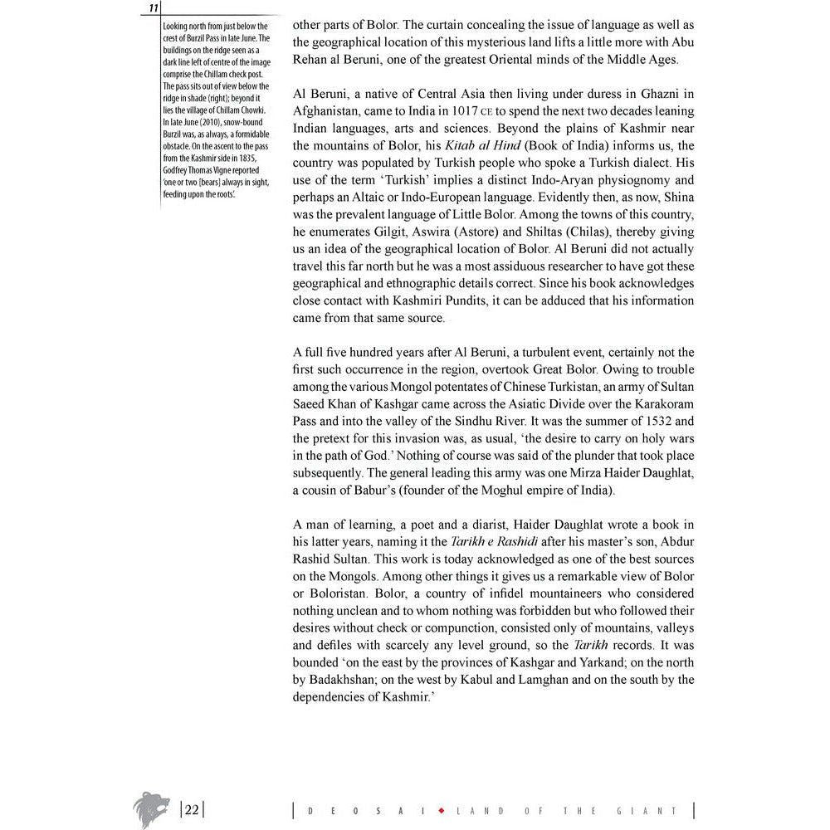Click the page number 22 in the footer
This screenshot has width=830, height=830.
tap(192, 810)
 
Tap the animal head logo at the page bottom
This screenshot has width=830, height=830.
tap(151, 808)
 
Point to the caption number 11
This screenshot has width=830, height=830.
tap(154, 8)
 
